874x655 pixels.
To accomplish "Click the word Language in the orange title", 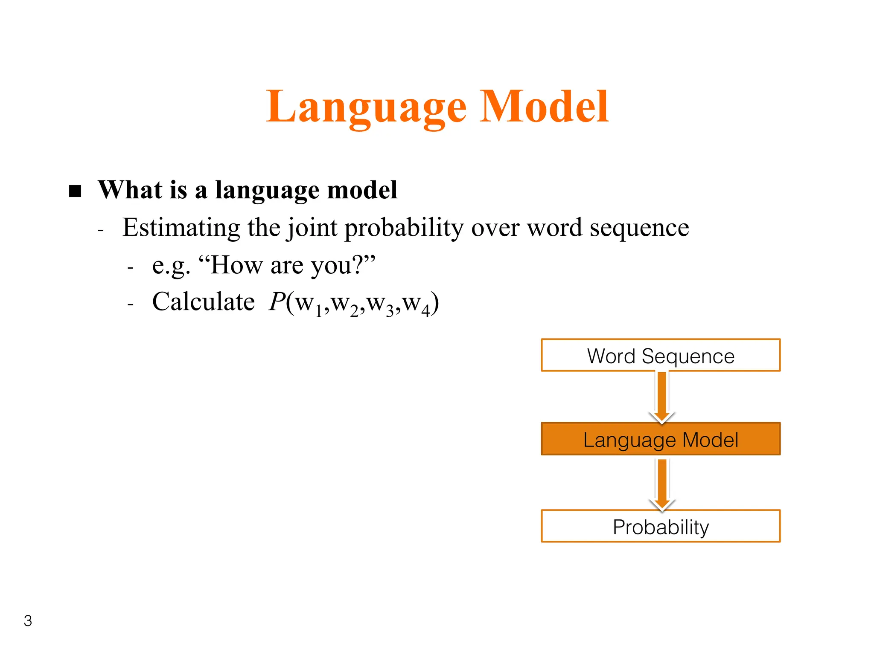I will coord(366,107).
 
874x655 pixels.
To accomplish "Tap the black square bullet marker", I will coord(75,191).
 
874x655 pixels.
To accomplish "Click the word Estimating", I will coord(181,227).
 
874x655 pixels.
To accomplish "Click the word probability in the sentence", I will coord(404,227).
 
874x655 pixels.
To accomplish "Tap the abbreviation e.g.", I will coord(171,265).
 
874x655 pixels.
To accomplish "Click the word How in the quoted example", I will coord(237,265).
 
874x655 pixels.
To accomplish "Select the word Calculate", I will coord(204,302).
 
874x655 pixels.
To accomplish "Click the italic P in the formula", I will coord(277,302).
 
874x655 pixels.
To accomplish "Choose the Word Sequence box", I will coord(661,356).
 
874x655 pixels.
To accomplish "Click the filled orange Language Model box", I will coord(661,439).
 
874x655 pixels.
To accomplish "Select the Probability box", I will coord(661,526).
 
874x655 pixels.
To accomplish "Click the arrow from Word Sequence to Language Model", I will coord(662,397).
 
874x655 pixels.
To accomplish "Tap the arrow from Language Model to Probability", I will coord(662,484).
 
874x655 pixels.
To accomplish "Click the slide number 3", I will coord(28,621).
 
